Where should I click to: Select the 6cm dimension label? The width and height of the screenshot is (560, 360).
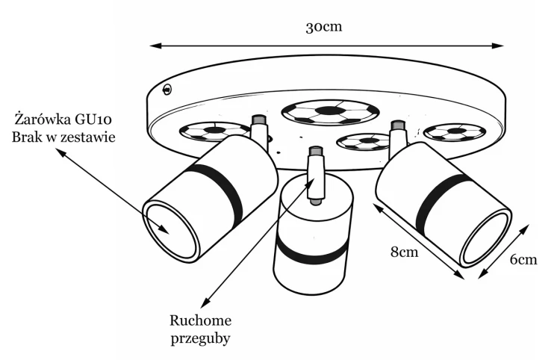[523, 260]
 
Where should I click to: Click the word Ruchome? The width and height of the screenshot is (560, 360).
[200, 320]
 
